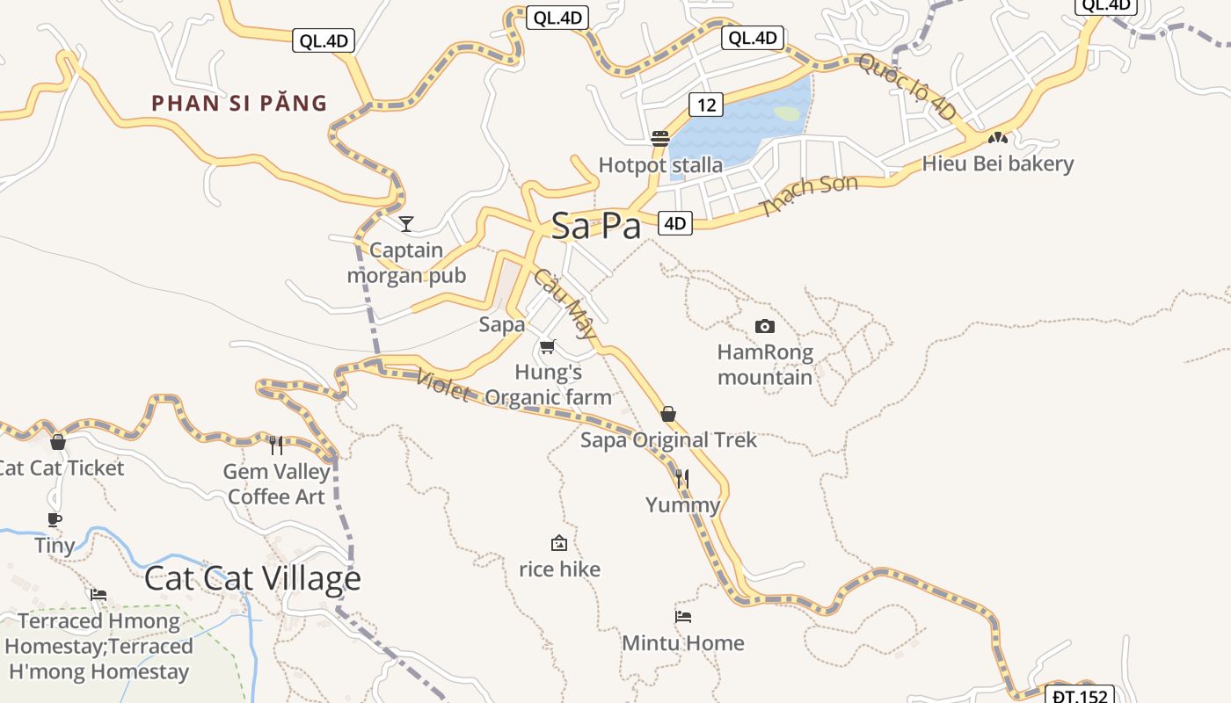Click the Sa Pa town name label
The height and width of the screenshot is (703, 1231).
597,227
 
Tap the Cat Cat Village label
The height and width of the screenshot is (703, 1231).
252,578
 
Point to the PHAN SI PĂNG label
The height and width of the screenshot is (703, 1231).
239,104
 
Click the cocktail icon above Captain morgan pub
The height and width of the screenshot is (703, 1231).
406,224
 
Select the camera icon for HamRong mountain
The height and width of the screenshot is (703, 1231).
765,327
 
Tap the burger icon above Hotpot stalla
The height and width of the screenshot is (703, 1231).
660,139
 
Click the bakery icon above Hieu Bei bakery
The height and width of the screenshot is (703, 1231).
997,138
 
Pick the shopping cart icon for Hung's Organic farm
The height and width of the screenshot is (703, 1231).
548,347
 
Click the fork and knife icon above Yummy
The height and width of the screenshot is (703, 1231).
682,479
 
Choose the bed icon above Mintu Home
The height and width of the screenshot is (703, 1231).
683,617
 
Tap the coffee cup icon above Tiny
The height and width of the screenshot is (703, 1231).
55,519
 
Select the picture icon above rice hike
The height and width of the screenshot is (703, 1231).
558,543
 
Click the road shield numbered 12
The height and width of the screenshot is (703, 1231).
706,105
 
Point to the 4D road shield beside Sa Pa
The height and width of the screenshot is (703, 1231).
674,223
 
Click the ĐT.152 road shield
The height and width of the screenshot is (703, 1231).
1082,696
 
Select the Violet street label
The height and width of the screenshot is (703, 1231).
442,384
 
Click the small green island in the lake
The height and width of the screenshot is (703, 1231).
787,113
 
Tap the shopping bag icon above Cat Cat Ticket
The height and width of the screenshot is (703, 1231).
58,442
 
